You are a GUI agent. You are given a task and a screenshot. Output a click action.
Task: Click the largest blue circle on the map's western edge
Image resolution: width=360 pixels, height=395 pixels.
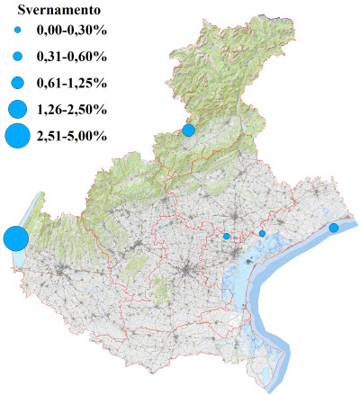15,239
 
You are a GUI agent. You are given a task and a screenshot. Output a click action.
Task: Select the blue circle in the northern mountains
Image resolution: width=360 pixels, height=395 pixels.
188,130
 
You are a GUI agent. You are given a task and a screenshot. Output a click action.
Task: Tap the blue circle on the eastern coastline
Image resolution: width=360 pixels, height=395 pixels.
333,228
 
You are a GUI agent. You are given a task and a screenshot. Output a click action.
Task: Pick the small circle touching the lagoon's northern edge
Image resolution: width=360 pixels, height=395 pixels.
262,234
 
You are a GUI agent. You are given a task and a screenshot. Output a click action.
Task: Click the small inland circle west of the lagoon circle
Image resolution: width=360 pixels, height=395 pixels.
227,237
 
